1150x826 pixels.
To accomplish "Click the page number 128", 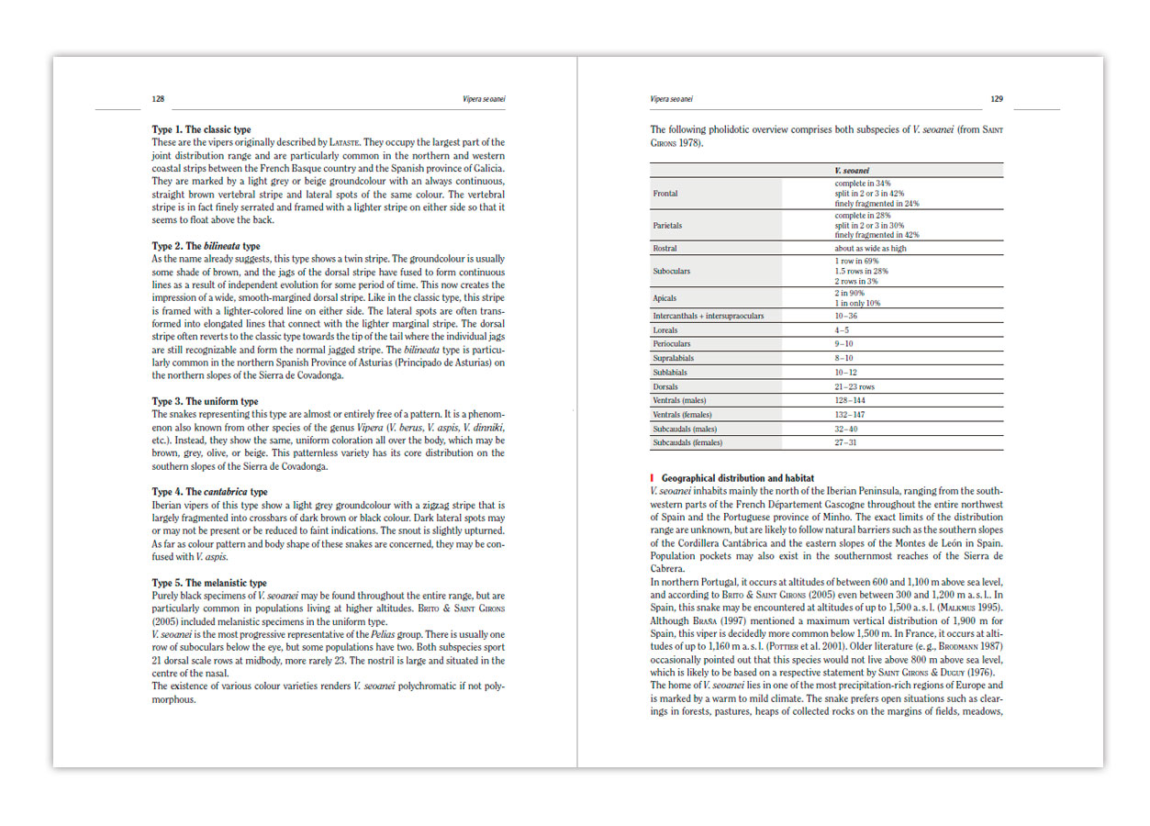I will click(158, 99).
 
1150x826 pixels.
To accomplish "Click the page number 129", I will click(997, 99).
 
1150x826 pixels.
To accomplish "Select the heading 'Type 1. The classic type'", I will click(201, 130).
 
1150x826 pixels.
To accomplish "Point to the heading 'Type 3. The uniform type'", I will click(205, 402).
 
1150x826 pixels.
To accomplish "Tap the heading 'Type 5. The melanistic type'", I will click(209, 583).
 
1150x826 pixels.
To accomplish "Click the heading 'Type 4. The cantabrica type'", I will click(209, 492).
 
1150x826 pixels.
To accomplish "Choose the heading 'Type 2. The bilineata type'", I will click(206, 246).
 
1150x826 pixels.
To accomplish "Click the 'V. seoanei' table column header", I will click(851, 171).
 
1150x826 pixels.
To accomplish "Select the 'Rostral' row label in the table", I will click(665, 249).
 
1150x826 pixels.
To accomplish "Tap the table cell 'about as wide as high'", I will click(870, 249).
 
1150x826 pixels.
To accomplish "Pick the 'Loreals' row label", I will click(667, 329).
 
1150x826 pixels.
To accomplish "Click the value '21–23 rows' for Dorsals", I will click(854, 387).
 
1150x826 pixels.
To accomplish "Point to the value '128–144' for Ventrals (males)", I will click(850, 401).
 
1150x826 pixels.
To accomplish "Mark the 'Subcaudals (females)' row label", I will click(687, 443).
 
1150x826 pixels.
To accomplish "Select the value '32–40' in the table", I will click(847, 429).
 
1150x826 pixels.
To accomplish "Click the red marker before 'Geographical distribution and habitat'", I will click(653, 478).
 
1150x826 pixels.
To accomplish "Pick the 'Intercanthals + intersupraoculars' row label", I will click(708, 316).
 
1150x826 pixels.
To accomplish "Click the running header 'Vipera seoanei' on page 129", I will click(672, 99).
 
